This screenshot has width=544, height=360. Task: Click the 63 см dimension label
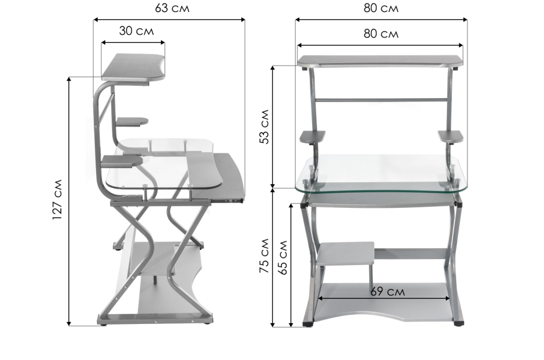click(172, 8)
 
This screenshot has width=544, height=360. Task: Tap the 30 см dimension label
click(136, 31)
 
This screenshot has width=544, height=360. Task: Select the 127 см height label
click(57, 200)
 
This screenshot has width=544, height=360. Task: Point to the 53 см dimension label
click(265, 127)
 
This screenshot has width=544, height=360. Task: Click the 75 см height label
click(265, 256)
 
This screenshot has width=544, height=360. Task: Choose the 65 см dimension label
click(284, 257)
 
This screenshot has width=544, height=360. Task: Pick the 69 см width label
click(387, 292)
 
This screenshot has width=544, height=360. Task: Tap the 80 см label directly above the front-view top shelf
click(381, 34)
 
